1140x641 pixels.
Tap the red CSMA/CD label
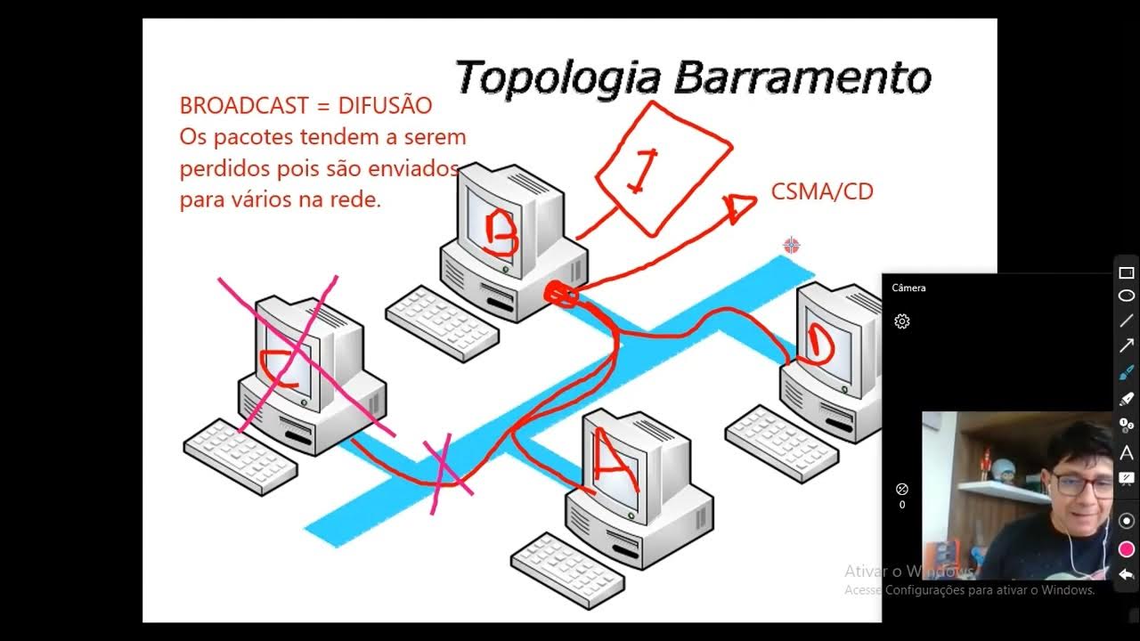coord(822,191)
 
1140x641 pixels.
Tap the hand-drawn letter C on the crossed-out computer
coord(278,369)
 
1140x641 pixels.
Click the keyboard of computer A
coord(567,568)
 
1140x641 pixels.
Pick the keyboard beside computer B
coord(442,320)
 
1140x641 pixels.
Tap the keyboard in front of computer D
coord(781,442)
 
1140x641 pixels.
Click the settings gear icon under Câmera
coord(902,321)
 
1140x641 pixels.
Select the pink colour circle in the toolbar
coord(1127,548)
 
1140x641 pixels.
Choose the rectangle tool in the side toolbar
coord(1127,273)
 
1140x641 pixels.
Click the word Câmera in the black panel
coord(908,288)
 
